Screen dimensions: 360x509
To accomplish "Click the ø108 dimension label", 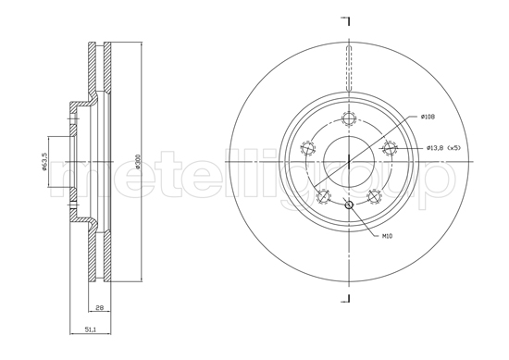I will [427, 117].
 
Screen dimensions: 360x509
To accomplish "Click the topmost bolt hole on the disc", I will [348, 118].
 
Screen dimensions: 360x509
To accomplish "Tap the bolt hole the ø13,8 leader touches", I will [390, 148].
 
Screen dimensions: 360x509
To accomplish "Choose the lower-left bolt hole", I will [323, 196].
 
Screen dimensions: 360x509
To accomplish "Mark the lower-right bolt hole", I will [374, 196].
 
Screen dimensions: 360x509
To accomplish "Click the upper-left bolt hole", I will [306, 148].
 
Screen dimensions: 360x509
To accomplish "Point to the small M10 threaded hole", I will [348, 205].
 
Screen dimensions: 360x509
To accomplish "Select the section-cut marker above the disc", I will [347, 19].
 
